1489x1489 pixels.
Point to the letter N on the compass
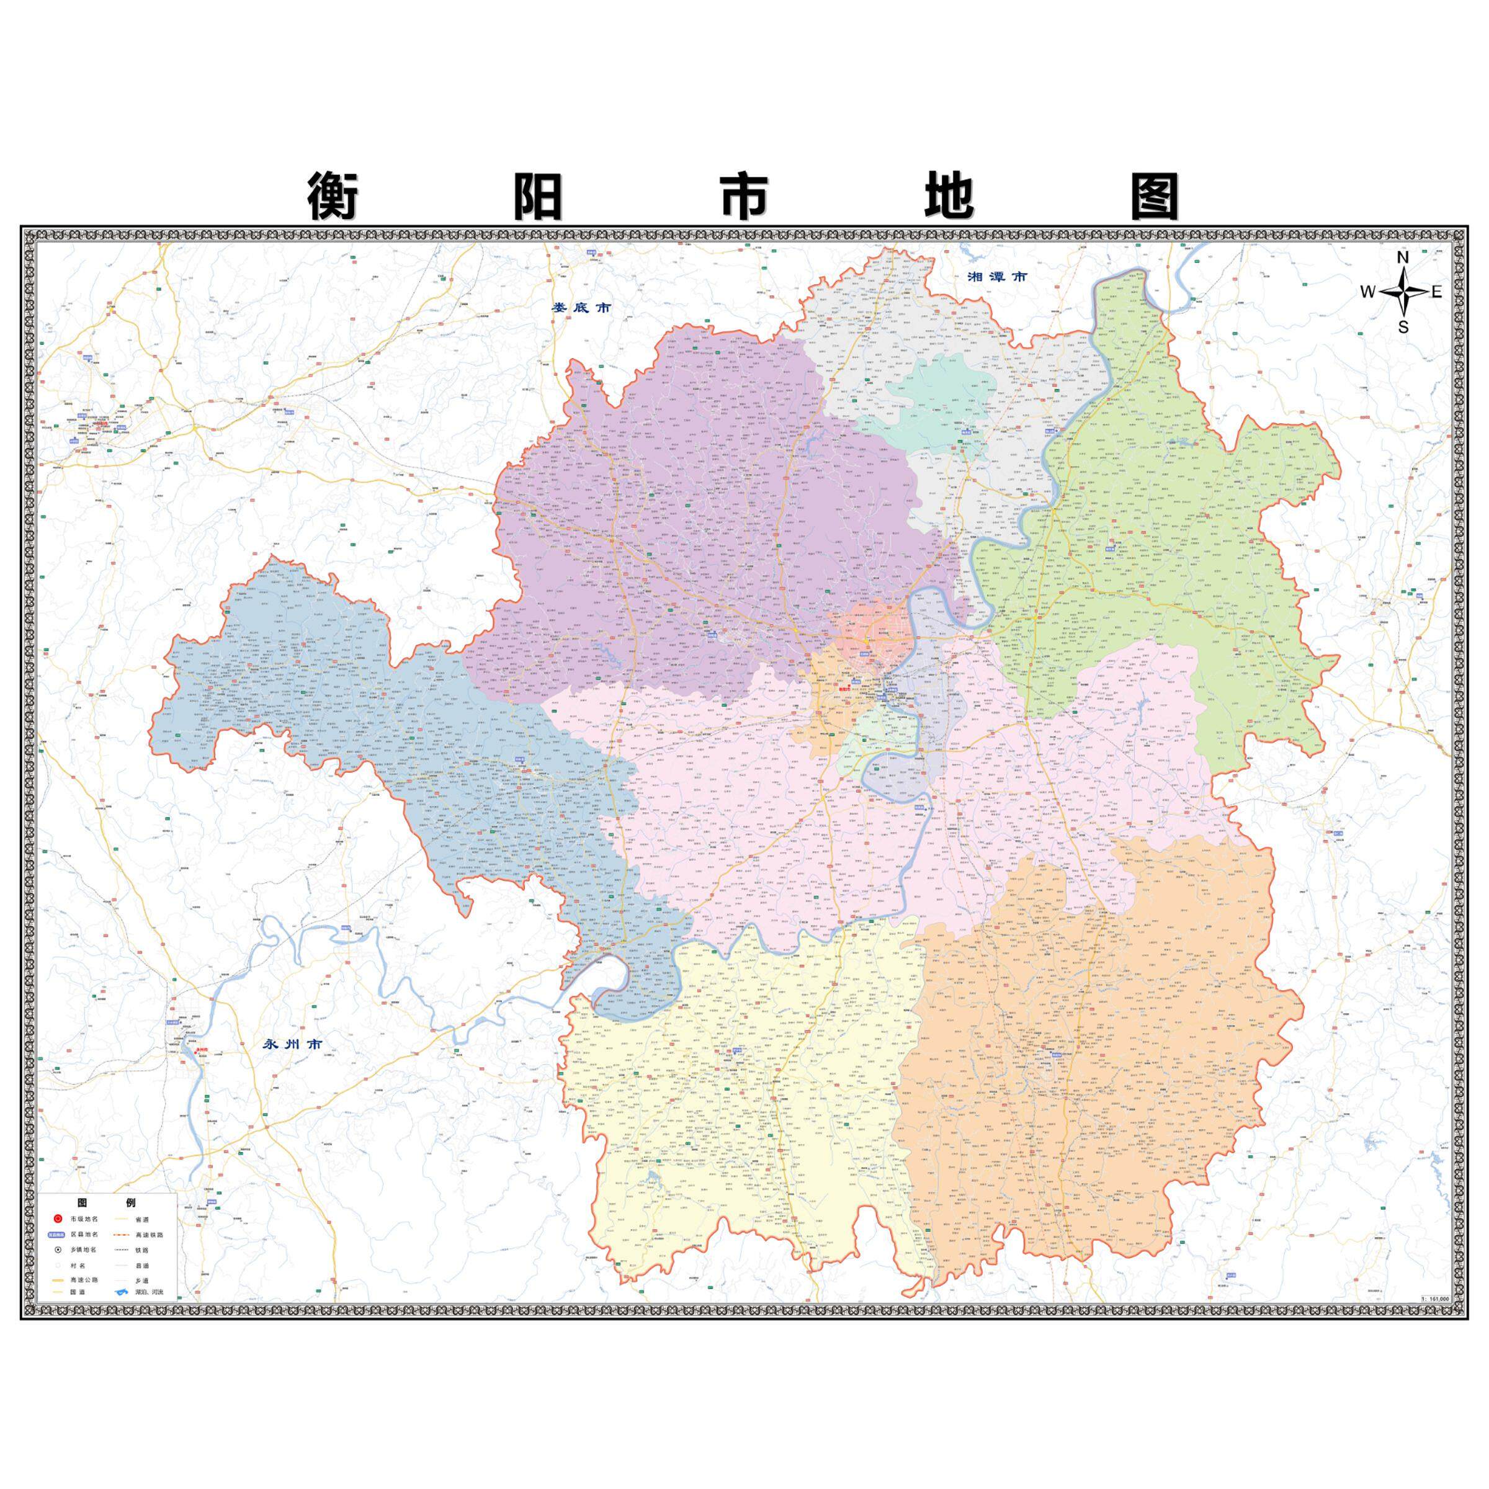(x=1403, y=257)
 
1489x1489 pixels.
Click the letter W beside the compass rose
(x=1367, y=292)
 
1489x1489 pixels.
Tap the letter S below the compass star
(x=1403, y=327)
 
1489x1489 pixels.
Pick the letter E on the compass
(x=1437, y=292)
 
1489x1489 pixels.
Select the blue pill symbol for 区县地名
(x=57, y=1235)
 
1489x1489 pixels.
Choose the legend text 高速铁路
(x=150, y=1235)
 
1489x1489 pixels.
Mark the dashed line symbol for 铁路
(x=122, y=1250)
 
